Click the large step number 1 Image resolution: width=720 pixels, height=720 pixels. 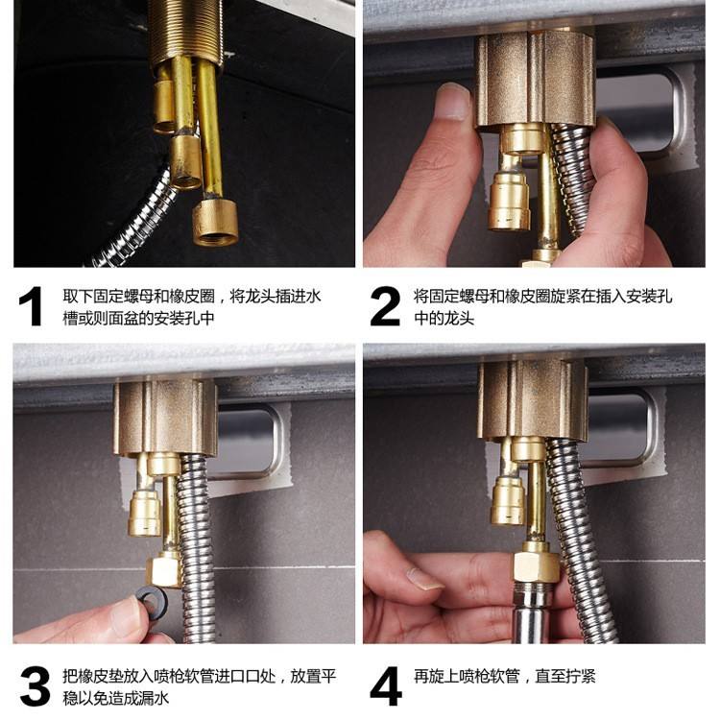pos(32,306)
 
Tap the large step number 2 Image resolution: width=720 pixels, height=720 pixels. pos(385,306)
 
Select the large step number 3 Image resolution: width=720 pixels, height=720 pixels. pos(35,687)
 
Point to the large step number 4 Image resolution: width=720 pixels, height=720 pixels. pos(386,687)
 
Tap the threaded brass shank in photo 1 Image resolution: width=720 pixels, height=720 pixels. pos(185,32)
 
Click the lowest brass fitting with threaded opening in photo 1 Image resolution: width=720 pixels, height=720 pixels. pos(215,223)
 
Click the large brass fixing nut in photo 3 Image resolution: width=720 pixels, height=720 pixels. pos(165,417)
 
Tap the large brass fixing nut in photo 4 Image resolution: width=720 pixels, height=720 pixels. pos(533,398)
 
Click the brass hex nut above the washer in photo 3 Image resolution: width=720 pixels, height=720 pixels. pos(165,570)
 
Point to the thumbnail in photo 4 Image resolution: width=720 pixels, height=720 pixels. pos(424,580)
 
